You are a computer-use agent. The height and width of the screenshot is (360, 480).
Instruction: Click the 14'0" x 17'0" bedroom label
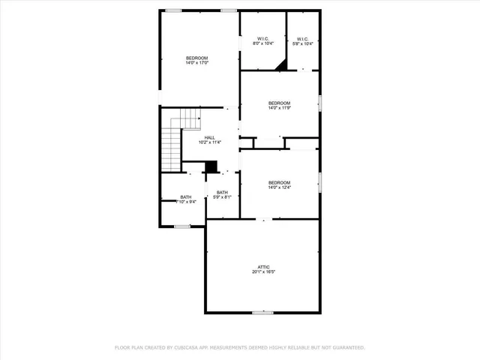(196, 60)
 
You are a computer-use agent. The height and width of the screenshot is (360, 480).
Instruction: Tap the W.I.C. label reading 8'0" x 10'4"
(263, 41)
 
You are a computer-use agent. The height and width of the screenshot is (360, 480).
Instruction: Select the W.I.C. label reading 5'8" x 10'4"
(303, 41)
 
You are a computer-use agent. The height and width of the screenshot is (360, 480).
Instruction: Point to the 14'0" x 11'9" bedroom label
(279, 105)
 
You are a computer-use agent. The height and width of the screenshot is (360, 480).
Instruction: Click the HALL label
(210, 137)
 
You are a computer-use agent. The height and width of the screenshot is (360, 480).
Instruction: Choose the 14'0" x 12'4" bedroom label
(279, 185)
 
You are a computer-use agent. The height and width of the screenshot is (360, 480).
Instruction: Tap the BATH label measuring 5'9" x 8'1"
(222, 194)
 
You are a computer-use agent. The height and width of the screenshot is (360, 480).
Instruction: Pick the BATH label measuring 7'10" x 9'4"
(185, 199)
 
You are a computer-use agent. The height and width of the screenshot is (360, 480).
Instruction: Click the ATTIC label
(263, 267)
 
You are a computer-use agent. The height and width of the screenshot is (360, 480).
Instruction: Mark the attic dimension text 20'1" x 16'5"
(263, 273)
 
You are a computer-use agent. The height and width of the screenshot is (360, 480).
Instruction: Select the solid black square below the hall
(211, 166)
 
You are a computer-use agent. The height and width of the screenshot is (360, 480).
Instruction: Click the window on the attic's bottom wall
(262, 312)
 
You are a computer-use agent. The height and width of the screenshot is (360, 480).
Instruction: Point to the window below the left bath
(182, 226)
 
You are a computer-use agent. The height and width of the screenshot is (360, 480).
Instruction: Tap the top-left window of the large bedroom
(173, 10)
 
